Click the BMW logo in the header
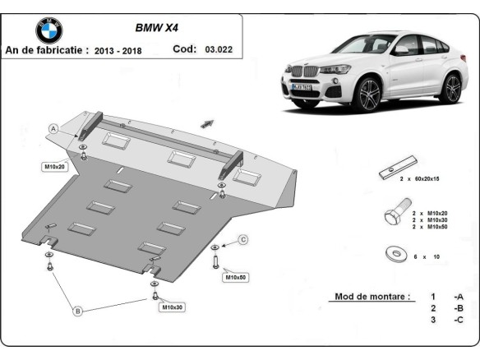48,30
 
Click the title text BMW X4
156,26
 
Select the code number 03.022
219,49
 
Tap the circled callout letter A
53,128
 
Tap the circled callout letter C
243,239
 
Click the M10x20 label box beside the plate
54,166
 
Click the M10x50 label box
236,277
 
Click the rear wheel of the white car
450,87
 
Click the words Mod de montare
372,296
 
